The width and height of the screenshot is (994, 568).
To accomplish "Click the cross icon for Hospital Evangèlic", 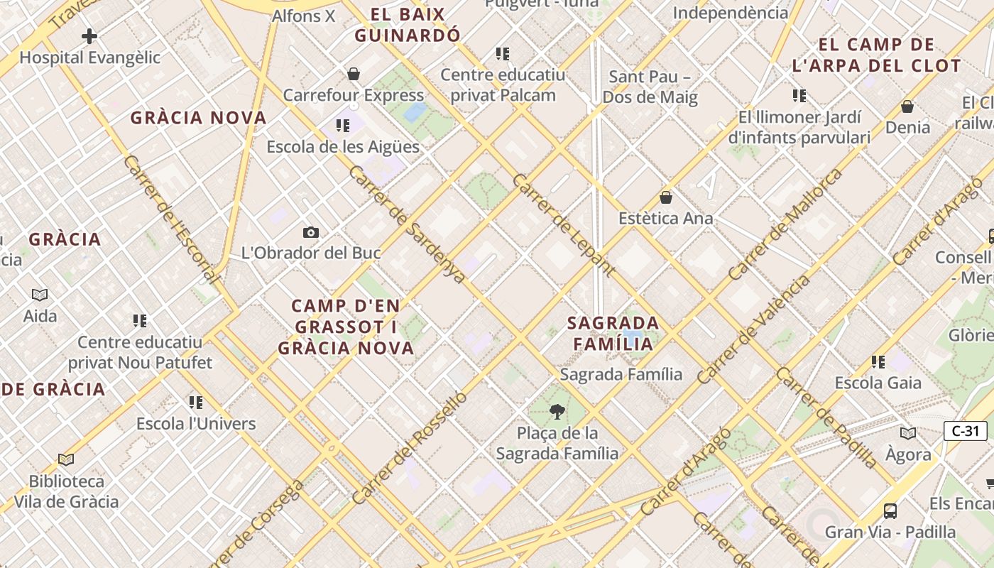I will (x=89, y=35).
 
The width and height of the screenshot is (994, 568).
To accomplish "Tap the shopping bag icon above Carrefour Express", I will (x=354, y=74).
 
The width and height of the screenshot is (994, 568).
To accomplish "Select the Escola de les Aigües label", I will (x=343, y=147).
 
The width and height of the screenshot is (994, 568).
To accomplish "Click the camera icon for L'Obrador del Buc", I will (x=310, y=232).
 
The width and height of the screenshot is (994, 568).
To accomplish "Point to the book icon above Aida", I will (x=40, y=295).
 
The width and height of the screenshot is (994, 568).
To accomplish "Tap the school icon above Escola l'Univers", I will (x=196, y=403).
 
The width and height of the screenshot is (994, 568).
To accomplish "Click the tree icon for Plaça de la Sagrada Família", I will (x=557, y=411).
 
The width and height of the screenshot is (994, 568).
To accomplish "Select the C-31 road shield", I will (x=965, y=430).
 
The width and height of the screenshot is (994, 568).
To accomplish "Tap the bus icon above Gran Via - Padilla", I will (x=890, y=510).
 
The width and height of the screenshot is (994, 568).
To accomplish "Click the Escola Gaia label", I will (x=878, y=383).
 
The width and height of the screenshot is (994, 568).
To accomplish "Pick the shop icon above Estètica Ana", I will (x=666, y=197).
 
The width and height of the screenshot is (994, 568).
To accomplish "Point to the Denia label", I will (x=907, y=127).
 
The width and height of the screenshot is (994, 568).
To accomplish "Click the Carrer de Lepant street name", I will (x=563, y=224).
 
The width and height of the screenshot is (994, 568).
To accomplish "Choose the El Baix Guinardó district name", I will (x=408, y=25).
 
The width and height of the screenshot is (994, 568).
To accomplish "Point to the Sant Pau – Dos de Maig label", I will (x=650, y=87).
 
